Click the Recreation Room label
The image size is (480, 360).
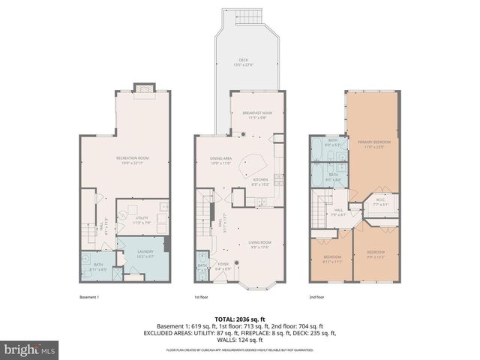pyautogui.click(x=130, y=157)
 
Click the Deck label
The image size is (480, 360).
pyautogui.click(x=243, y=62)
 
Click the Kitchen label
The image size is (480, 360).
pyautogui.click(x=260, y=181)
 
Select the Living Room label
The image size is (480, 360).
pyautogui.click(x=259, y=242)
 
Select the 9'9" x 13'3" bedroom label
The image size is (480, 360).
pyautogui.click(x=375, y=253)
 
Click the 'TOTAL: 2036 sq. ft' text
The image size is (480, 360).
pyautogui.click(x=240, y=319)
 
